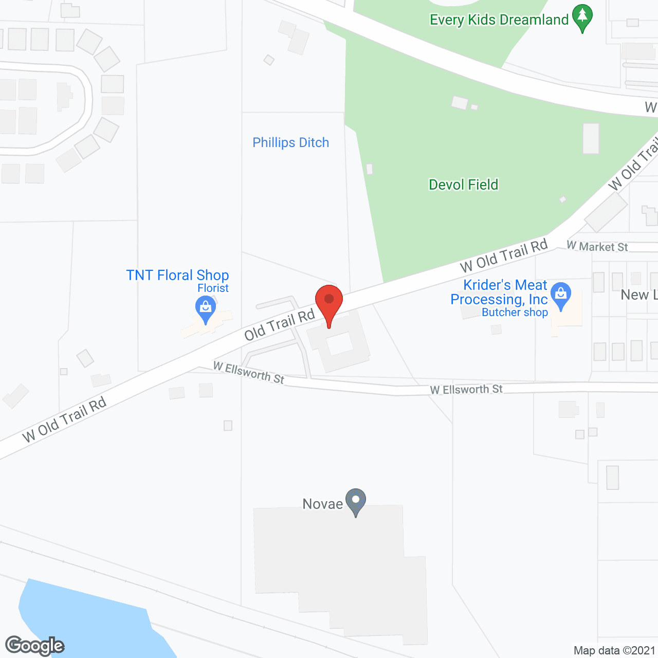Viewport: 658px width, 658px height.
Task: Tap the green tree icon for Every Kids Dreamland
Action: coord(582,17)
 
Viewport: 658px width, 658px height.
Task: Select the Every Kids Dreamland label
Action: coord(499,20)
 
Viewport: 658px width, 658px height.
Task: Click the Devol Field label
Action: coord(463,185)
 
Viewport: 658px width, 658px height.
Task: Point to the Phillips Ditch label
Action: coord(290,142)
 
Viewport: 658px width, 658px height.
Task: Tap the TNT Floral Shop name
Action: coord(177,275)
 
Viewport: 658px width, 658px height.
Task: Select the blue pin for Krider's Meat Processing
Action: coord(560,295)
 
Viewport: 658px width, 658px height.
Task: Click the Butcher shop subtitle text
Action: coord(515,313)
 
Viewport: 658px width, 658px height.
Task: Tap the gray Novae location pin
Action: coord(355,501)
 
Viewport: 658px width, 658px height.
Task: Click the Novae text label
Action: coord(322,504)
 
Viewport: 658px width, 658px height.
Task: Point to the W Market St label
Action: coord(597,247)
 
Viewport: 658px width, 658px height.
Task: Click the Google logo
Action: coord(34,646)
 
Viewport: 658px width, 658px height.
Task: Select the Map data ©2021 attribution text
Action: coord(614,650)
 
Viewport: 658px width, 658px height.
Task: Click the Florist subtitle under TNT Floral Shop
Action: coord(213,288)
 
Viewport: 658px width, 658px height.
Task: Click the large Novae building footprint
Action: coord(339,565)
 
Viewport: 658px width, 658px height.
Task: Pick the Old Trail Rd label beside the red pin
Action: coord(279,325)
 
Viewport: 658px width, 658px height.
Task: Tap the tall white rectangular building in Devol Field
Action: coord(591,138)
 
